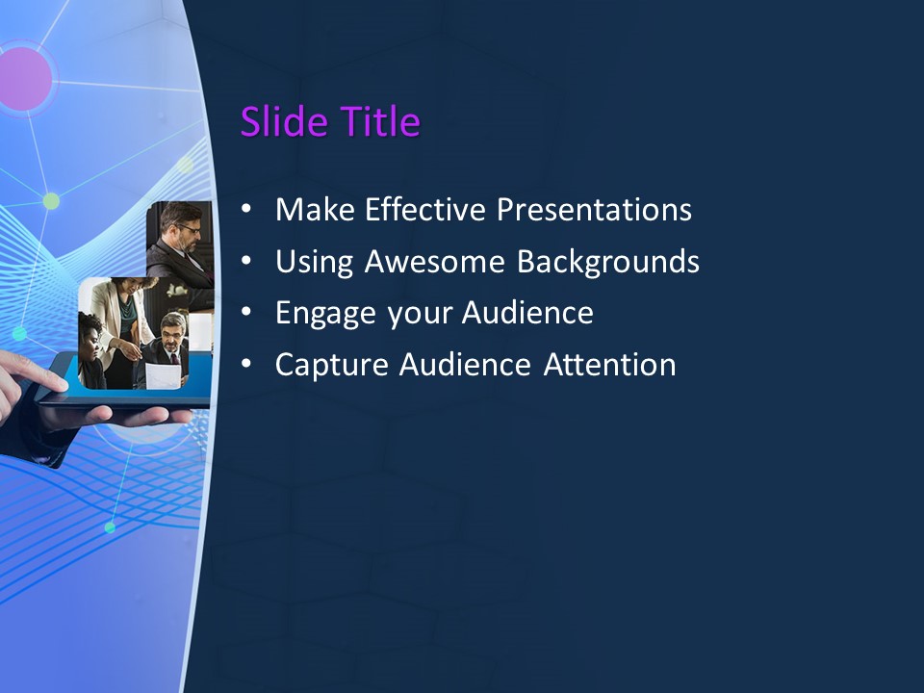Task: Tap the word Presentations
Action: pyautogui.click(x=594, y=210)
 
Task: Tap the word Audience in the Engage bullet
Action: pyautogui.click(x=526, y=314)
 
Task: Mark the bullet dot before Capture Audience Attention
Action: pyautogui.click(x=248, y=365)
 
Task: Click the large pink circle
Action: pyautogui.click(x=21, y=77)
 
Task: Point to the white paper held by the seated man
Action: pyautogui.click(x=163, y=376)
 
